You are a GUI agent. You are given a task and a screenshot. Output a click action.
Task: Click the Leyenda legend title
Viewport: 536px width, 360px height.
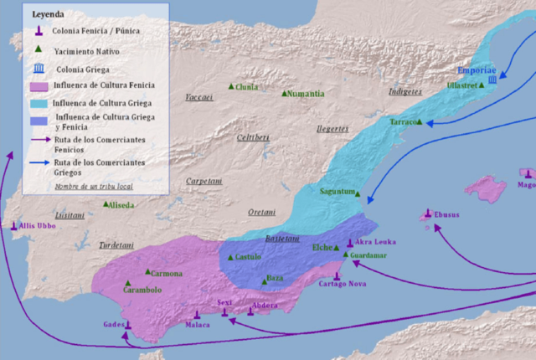(x=48, y=15)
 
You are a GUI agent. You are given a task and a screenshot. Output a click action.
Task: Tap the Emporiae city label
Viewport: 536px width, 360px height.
(x=477, y=70)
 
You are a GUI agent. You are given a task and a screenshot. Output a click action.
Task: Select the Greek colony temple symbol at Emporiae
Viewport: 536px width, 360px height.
(x=492, y=80)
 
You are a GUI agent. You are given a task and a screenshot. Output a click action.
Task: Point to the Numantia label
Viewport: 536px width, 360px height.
(x=307, y=94)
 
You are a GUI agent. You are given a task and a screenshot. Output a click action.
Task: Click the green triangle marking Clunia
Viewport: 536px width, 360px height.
(x=231, y=86)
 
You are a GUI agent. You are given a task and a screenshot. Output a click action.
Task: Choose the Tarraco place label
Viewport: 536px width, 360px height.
(x=405, y=122)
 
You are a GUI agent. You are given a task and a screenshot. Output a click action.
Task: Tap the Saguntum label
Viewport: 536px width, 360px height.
(x=337, y=192)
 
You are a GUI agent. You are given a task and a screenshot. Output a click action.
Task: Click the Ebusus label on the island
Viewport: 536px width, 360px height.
(x=447, y=214)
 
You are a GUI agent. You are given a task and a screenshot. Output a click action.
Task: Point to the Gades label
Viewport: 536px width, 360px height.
(x=114, y=325)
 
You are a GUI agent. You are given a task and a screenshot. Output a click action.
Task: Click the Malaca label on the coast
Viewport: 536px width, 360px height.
(x=197, y=325)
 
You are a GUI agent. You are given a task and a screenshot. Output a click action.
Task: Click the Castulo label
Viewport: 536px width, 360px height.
(x=248, y=256)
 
